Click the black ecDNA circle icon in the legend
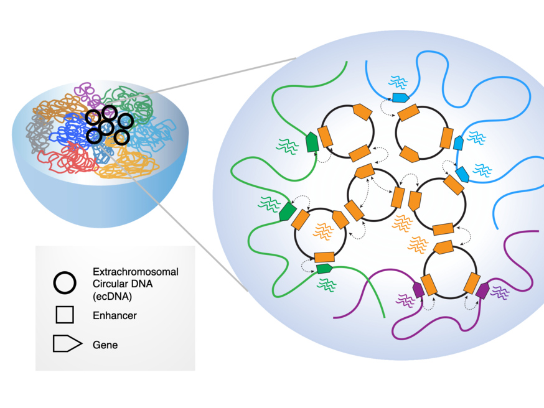tap(65, 283)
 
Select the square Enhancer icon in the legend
tap(65, 315)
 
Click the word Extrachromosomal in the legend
tap(136, 272)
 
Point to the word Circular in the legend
tap(112, 283)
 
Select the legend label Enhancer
tap(115, 315)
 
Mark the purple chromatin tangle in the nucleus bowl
tap(87, 93)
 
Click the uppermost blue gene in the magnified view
tap(400, 98)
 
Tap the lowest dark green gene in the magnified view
tap(324, 269)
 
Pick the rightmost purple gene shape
tap(482, 289)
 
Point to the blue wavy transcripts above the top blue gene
tap(398, 81)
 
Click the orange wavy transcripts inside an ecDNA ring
tap(322, 231)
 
